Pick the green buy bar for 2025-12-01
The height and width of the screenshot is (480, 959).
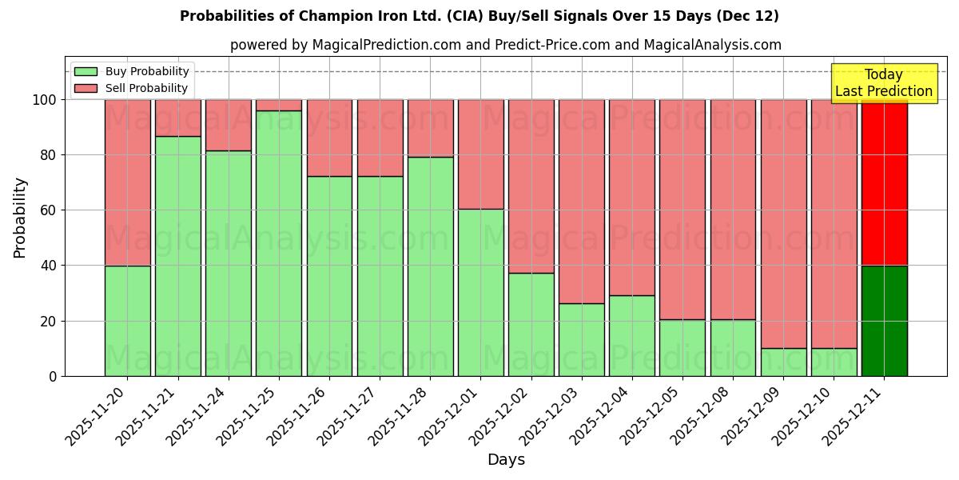click(480, 292)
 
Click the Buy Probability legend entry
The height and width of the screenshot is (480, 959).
click(132, 71)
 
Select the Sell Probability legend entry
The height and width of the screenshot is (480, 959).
click(132, 88)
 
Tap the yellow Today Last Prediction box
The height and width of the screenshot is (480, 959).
click(884, 83)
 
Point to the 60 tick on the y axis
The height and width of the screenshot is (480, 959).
click(49, 210)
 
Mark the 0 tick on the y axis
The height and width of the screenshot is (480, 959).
click(53, 376)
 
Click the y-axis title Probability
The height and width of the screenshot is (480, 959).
click(20, 217)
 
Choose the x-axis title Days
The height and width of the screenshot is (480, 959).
click(506, 460)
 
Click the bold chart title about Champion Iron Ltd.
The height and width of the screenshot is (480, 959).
click(479, 16)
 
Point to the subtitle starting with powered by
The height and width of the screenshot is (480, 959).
click(506, 45)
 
